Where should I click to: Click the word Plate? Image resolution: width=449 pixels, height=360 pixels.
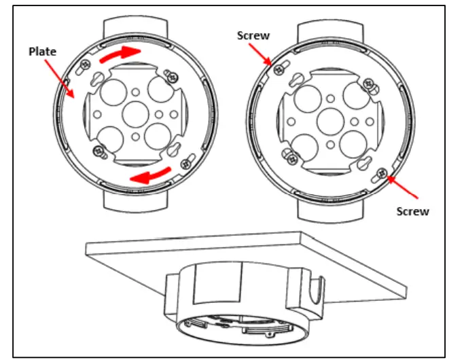43,51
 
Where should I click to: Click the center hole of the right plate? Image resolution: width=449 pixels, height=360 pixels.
329,116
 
